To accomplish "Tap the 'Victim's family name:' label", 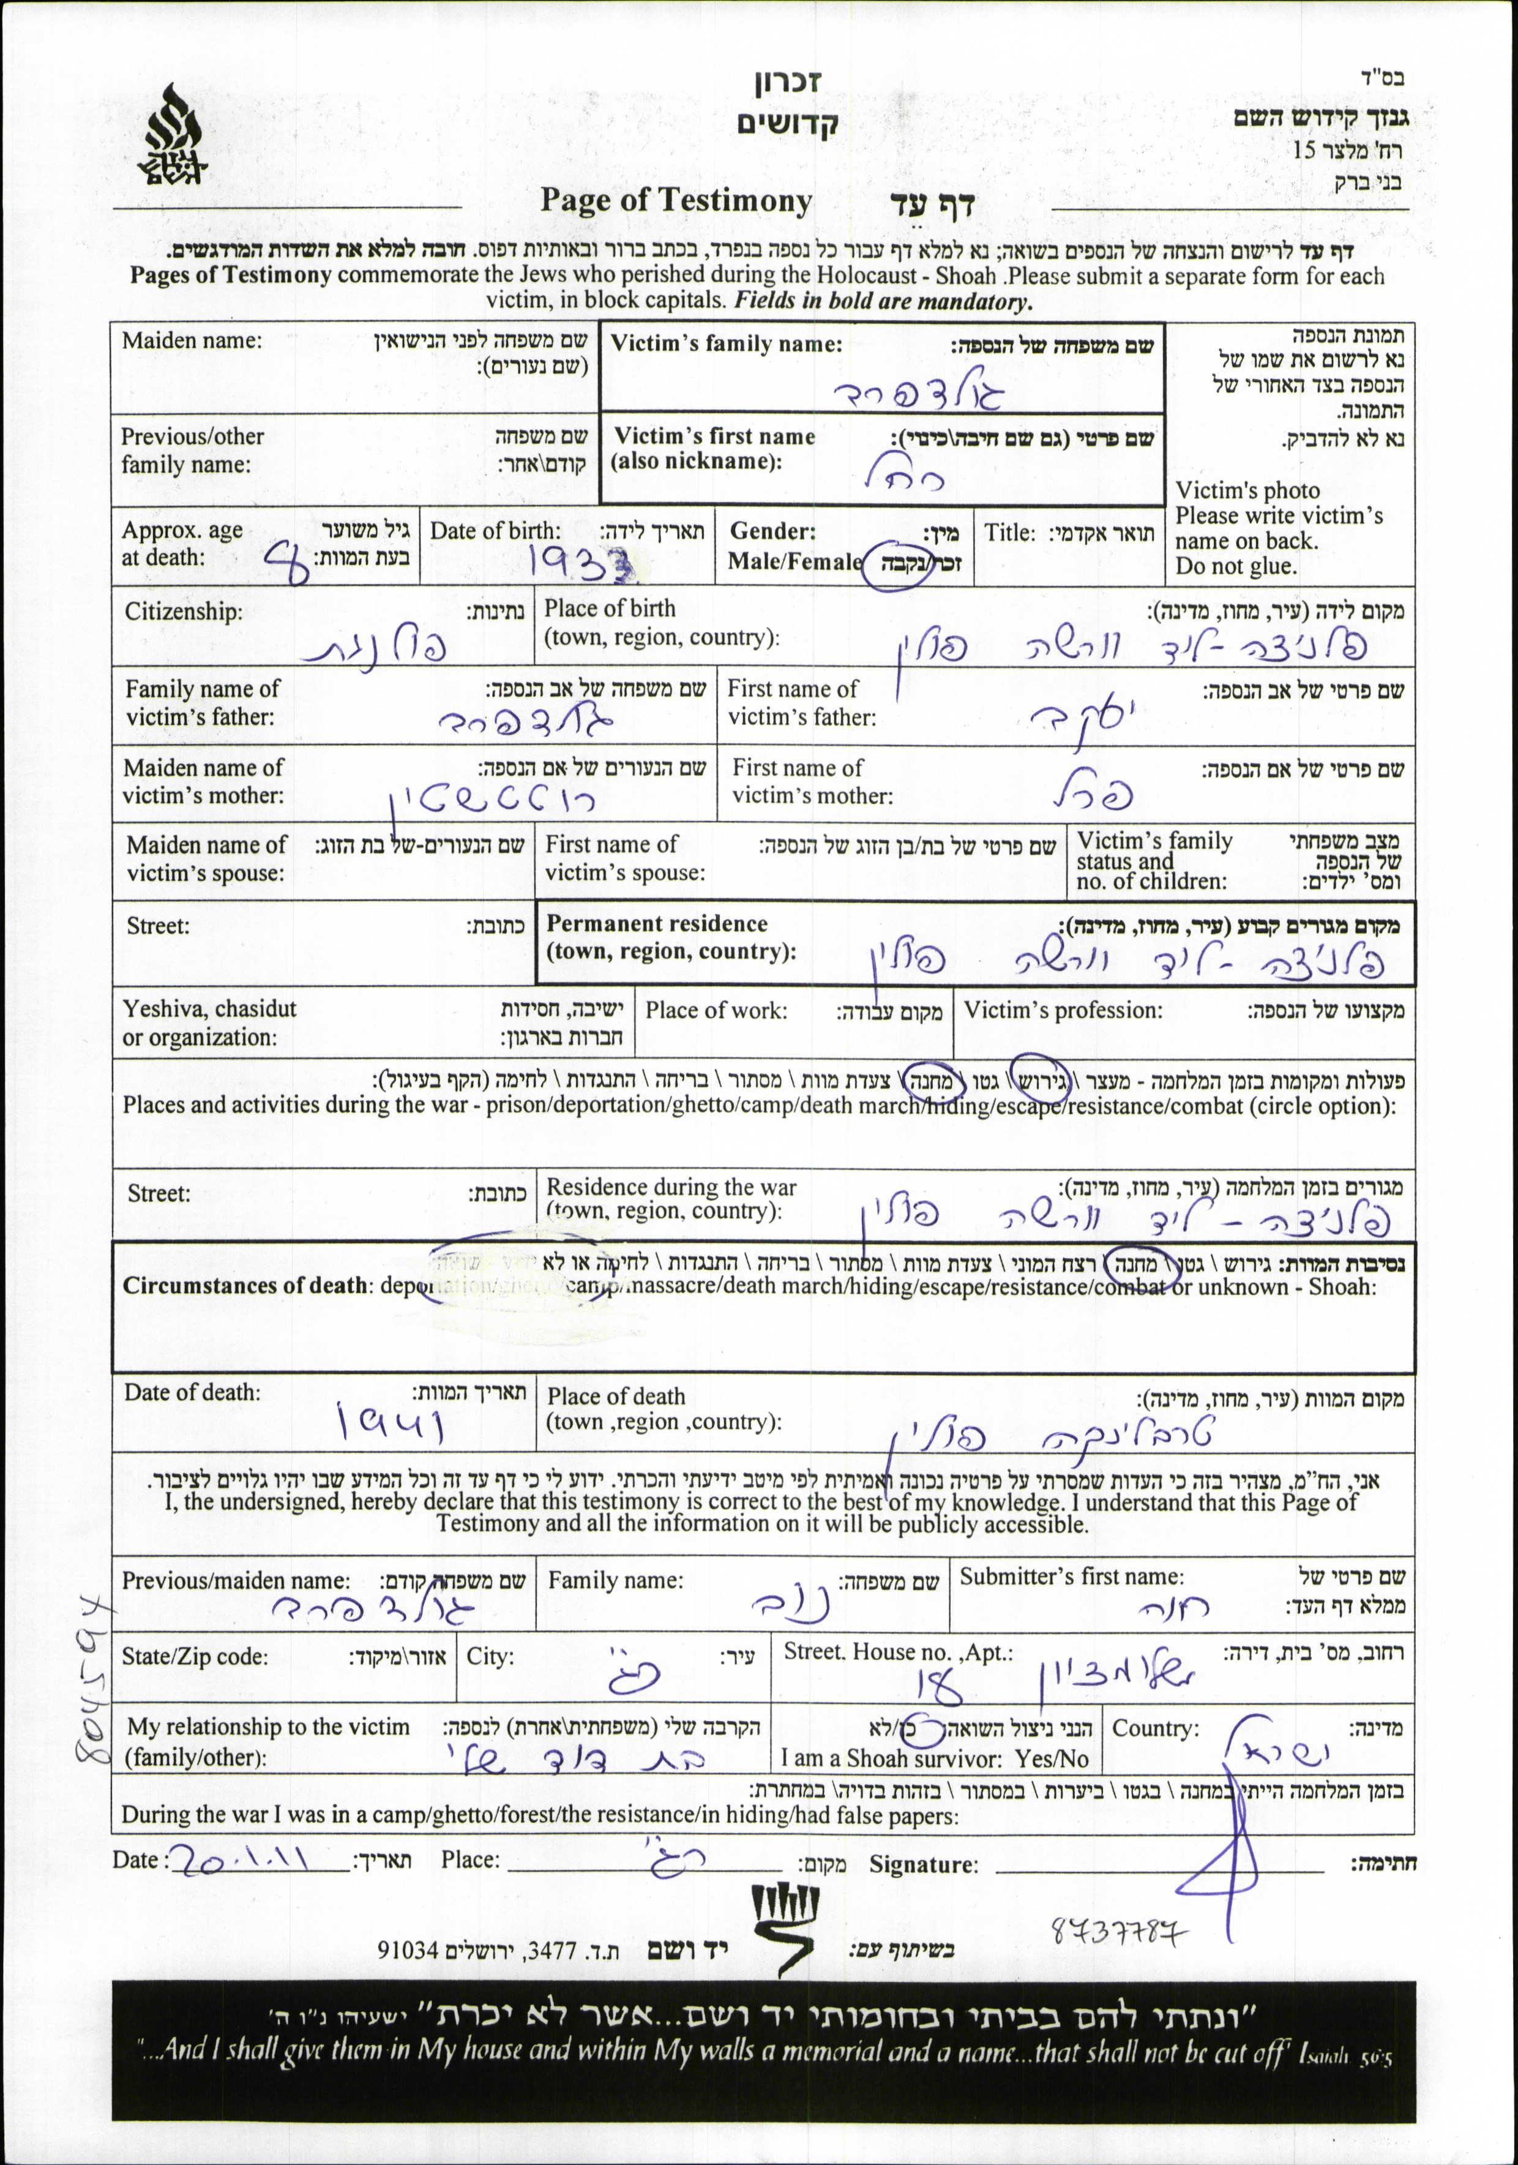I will [726, 344].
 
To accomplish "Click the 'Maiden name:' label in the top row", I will [192, 340].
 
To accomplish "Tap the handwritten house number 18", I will [938, 1685].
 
